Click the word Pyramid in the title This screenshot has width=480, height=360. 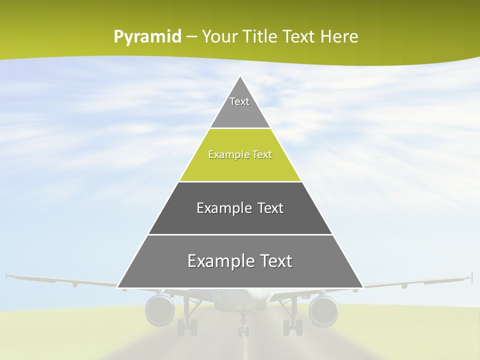click(x=147, y=37)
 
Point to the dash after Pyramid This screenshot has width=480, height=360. click(x=191, y=37)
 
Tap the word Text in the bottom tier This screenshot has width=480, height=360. click(x=273, y=261)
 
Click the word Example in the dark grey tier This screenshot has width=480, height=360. click(x=218, y=208)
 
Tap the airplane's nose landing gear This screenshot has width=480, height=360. click(x=243, y=327)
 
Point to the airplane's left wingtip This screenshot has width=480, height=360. click(x=7, y=275)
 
